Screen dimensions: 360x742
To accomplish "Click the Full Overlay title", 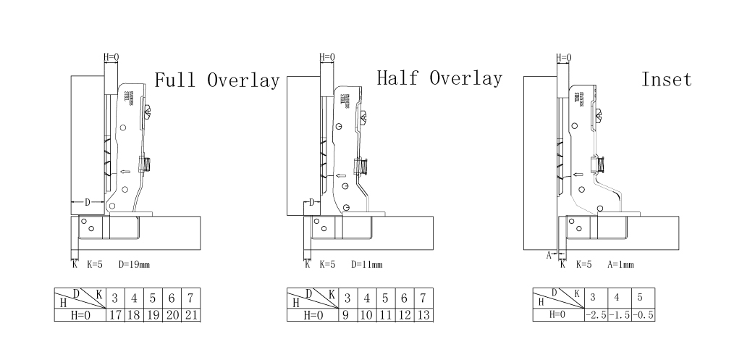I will coord(216,80).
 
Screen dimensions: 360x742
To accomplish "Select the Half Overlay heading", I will coord(439,78).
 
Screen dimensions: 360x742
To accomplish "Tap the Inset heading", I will coord(666,79).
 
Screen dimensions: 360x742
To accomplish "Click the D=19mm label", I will coord(135,265).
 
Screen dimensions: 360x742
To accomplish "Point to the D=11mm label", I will coord(367,265).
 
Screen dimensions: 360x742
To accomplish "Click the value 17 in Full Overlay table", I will coord(114,315).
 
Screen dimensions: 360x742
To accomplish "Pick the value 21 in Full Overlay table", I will coord(191,315).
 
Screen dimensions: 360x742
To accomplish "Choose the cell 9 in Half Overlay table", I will coord(347,315).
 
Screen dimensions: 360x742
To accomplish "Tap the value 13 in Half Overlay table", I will coord(423,315).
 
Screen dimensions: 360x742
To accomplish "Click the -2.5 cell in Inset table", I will coord(595,315).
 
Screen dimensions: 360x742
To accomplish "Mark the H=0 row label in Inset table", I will coord(557,315).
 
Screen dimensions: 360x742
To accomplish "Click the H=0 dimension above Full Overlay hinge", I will coord(111,56).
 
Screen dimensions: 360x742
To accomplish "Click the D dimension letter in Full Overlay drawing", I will coord(88,201).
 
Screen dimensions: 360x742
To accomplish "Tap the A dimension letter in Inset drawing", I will coord(548,255).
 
